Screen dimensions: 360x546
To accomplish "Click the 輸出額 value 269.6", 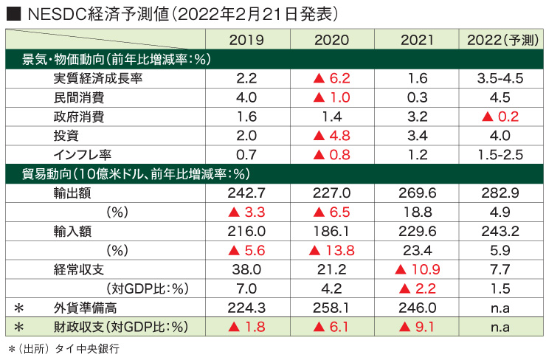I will [415, 193].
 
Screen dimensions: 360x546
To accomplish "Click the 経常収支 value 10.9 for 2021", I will [415, 269].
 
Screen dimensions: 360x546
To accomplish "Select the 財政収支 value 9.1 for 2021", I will [415, 327].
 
